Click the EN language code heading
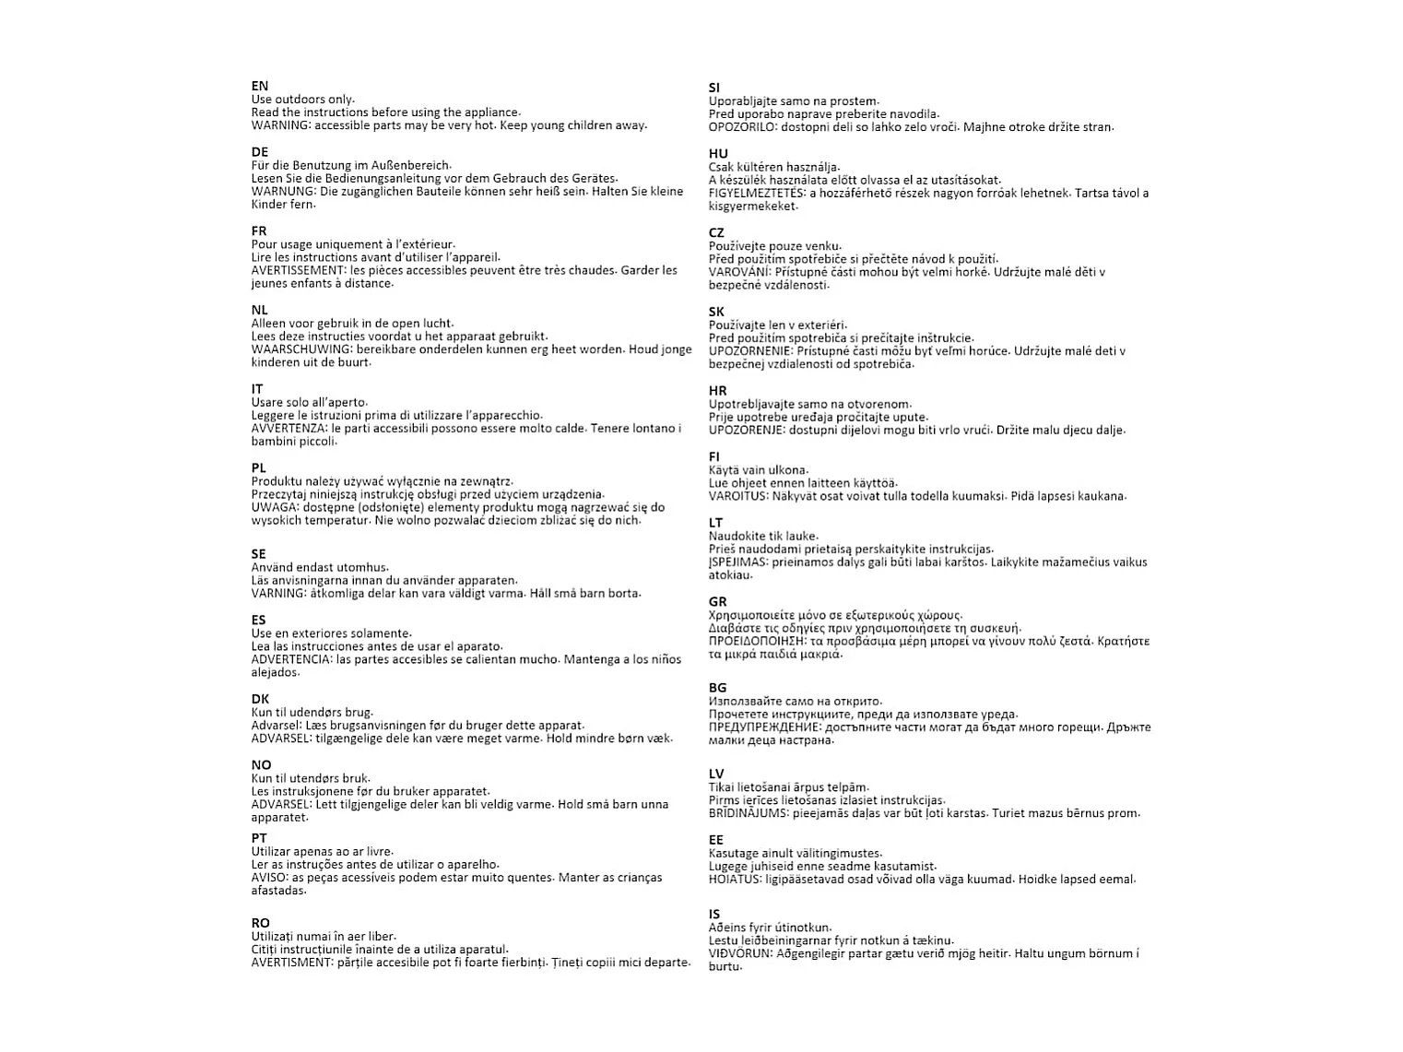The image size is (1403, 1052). click(x=260, y=86)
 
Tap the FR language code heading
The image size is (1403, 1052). click(x=259, y=231)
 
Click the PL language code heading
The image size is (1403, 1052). click(x=259, y=468)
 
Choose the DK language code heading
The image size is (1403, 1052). click(x=260, y=699)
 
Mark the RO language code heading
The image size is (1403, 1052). click(x=261, y=923)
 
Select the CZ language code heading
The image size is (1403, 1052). click(x=717, y=233)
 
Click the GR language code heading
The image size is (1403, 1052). click(x=718, y=602)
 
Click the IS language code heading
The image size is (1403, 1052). click(x=714, y=915)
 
